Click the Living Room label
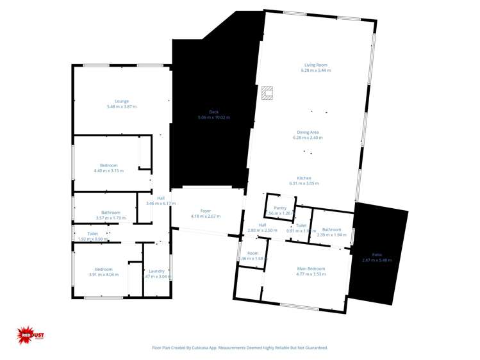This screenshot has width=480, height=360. pyautogui.click(x=316, y=65)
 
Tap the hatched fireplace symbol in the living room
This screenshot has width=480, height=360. pyautogui.click(x=267, y=94)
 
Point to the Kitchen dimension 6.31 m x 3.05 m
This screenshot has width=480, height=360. pyautogui.click(x=304, y=183)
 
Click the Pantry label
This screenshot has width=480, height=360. pyautogui.click(x=280, y=208)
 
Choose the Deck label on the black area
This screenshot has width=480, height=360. pyautogui.click(x=214, y=112)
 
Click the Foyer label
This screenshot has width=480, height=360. pyautogui.click(x=206, y=211)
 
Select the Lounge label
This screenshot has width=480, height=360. pyautogui.click(x=122, y=101)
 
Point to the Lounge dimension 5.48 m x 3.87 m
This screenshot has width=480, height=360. pyautogui.click(x=122, y=107)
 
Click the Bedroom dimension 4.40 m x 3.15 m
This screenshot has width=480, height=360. pyautogui.click(x=108, y=171)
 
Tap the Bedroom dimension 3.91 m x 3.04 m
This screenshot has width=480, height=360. pyautogui.click(x=103, y=275)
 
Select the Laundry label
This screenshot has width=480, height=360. pyautogui.click(x=157, y=271)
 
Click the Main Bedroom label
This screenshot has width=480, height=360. pyautogui.click(x=311, y=268)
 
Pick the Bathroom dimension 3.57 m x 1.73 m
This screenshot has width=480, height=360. pyautogui.click(x=110, y=218)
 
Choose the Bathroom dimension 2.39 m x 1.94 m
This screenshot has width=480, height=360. pyautogui.click(x=331, y=235)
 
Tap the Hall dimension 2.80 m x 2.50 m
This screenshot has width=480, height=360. pyautogui.click(x=262, y=230)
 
